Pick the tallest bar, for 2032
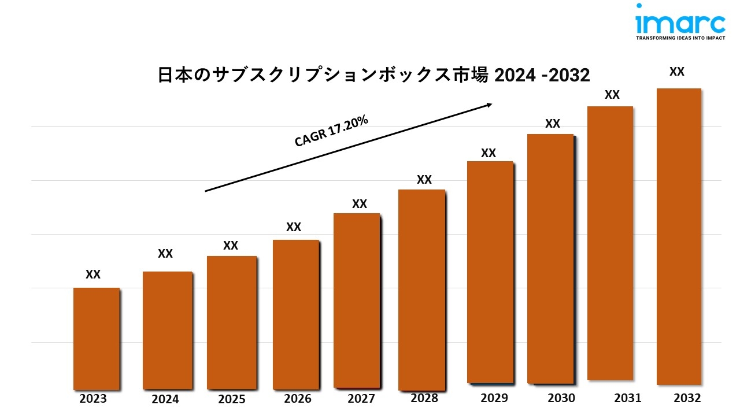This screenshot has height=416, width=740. [x=679, y=236]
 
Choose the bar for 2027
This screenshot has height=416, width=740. [x=357, y=300]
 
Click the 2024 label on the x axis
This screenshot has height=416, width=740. [x=165, y=399]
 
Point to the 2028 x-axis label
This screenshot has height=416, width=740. [x=424, y=398]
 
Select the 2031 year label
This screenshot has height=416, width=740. [x=627, y=398]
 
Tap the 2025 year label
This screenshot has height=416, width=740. [x=232, y=399]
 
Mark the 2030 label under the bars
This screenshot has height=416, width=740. [x=561, y=398]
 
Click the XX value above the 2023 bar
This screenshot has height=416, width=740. [x=93, y=274]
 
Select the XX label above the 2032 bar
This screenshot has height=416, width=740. [x=677, y=72]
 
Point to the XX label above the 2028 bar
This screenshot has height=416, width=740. [x=424, y=180]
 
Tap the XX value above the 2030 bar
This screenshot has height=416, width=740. [x=553, y=124]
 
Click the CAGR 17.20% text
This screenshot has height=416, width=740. [x=331, y=132]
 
